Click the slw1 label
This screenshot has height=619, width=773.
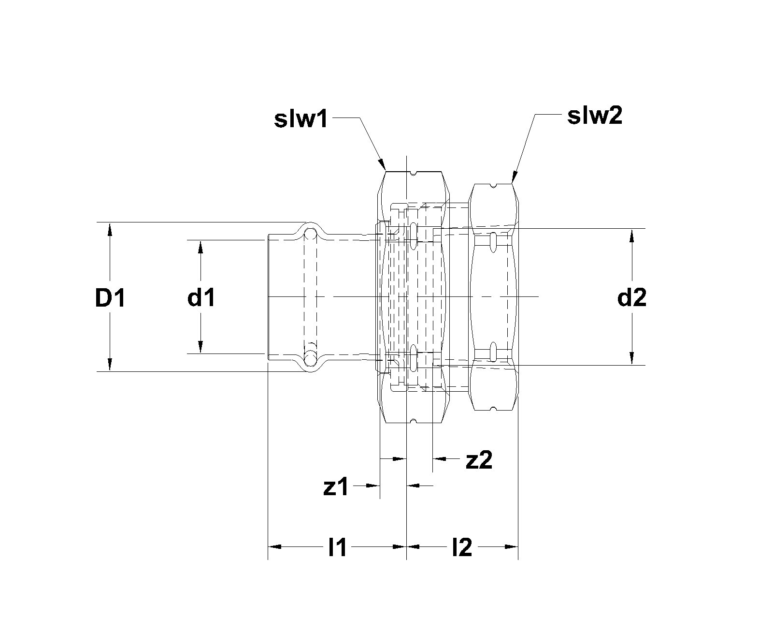301,119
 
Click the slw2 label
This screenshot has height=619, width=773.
595,117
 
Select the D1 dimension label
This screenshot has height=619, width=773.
110,299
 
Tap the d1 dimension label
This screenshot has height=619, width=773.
201,298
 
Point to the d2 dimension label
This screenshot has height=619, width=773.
632,298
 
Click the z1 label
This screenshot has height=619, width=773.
336,487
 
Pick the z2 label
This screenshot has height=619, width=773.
479,460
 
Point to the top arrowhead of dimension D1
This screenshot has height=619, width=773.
110,228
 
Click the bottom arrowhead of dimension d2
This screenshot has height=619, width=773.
631,359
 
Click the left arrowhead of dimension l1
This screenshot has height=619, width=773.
274,547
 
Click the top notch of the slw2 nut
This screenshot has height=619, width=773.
492,185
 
